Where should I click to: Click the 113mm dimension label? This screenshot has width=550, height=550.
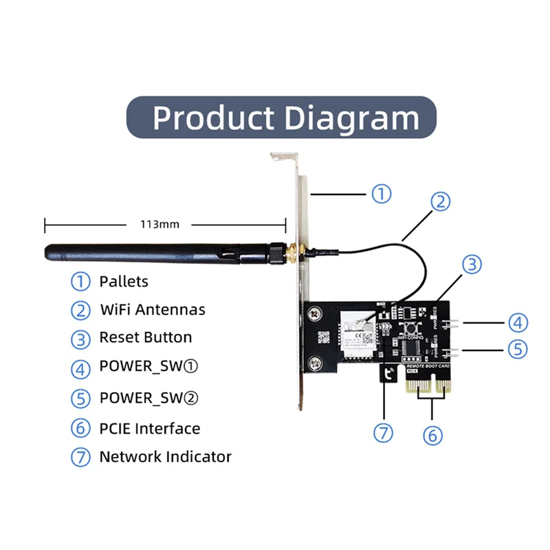(159, 224)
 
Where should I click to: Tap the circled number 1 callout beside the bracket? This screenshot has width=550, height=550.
(382, 193)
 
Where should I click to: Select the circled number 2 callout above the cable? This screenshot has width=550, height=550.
(441, 201)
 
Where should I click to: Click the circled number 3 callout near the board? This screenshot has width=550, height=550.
(471, 264)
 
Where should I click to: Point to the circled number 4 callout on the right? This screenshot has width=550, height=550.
(518, 321)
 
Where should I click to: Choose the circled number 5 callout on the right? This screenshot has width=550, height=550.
(518, 349)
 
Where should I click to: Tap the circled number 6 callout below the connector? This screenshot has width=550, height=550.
(432, 434)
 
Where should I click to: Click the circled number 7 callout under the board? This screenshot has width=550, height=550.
(384, 433)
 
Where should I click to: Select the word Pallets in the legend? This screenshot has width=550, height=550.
(124, 281)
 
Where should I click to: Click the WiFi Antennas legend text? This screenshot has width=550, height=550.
(152, 309)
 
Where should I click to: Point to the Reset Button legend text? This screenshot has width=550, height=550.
(145, 338)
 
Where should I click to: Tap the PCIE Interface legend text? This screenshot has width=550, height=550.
(149, 428)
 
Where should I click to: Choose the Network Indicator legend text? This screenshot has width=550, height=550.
(165, 456)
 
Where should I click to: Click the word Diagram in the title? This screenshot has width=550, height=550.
(351, 118)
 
